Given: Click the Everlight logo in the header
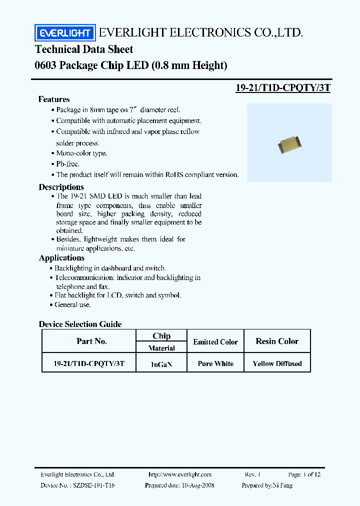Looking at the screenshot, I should (64, 33).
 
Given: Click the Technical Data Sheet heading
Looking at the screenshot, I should (84, 49).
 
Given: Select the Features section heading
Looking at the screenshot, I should (54, 99).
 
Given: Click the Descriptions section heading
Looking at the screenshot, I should (60, 187).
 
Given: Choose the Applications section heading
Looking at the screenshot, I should (61, 258).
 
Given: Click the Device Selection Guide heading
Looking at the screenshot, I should (80, 324).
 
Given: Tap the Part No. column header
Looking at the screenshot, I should (91, 341).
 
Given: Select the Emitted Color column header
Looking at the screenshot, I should (215, 342).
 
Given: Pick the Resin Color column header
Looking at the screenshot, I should (277, 341).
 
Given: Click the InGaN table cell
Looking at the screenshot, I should (161, 364).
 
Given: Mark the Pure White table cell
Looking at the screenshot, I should (215, 363).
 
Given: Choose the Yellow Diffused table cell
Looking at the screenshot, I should (277, 363).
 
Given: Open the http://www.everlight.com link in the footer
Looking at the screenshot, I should (180, 474).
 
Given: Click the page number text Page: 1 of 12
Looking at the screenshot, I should (304, 474).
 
